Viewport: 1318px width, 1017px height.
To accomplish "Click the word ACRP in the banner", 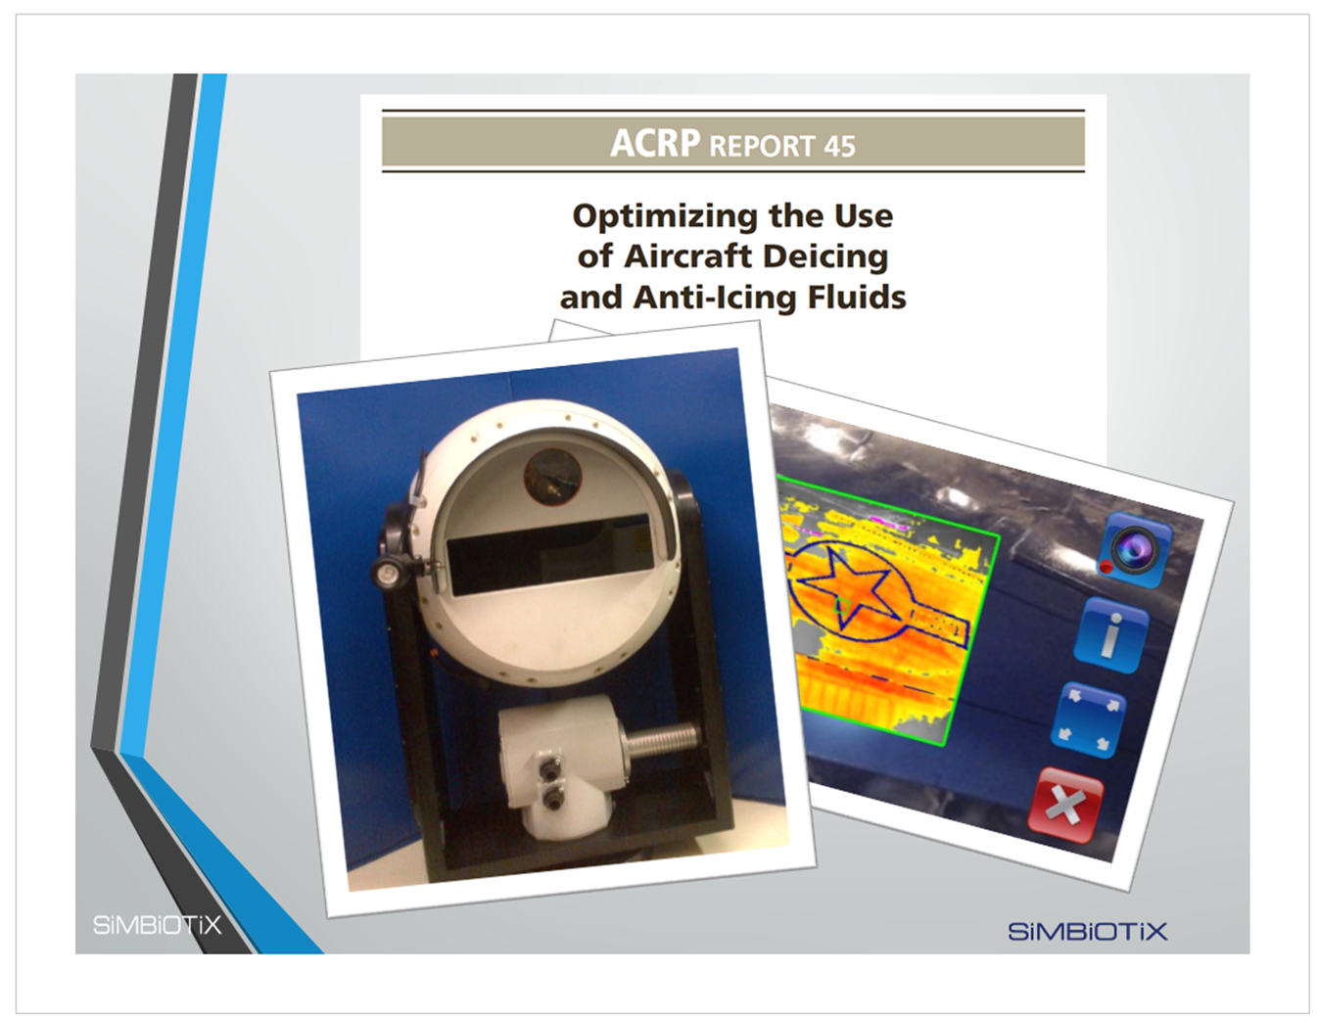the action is [654, 144].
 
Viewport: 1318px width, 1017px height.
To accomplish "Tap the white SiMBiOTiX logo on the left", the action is [157, 925].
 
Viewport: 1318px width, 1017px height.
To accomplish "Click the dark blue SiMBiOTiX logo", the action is [1088, 931].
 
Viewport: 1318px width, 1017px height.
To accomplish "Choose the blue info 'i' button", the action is [1111, 635].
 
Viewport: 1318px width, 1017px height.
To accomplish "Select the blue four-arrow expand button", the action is [1088, 720].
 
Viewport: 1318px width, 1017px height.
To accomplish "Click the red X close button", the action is [1065, 806].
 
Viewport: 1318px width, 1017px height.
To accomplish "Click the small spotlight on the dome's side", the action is [387, 572].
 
